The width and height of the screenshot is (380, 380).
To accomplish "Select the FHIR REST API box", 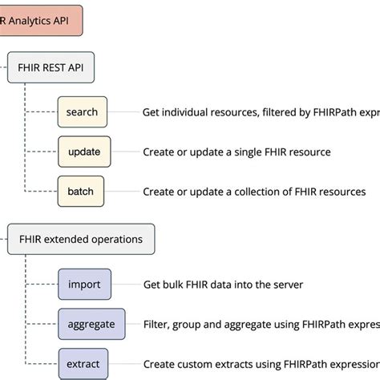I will click(51, 68).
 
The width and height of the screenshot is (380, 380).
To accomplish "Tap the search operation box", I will click(83, 112).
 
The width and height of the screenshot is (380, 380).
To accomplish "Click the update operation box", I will click(84, 152).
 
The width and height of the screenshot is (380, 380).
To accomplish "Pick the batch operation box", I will click(81, 192).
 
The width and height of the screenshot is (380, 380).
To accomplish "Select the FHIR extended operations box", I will click(81, 239).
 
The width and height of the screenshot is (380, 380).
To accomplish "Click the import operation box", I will click(84, 284).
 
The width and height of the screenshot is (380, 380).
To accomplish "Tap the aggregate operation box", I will click(91, 324).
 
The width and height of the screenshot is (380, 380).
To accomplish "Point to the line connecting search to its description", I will click(122, 112).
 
